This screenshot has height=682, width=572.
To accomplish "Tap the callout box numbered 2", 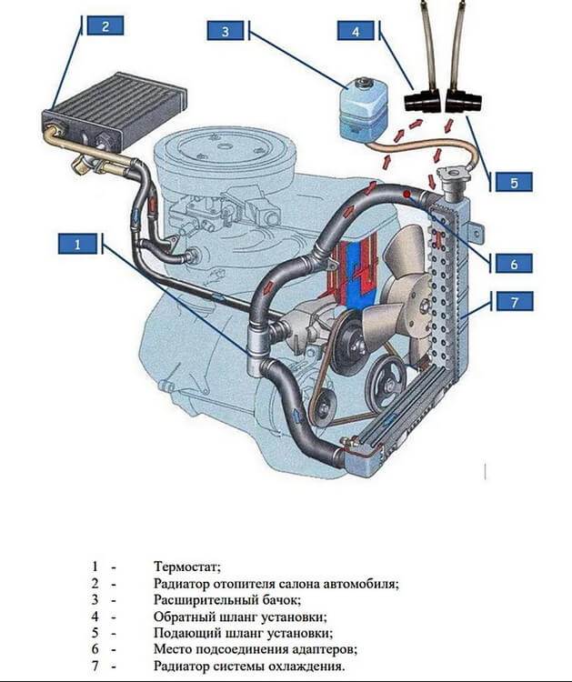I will (x=105, y=25).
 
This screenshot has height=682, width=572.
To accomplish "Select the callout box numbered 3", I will (x=225, y=32).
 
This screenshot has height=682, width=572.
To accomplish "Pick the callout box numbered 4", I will (x=356, y=32).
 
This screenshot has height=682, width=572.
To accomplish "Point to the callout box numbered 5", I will (x=514, y=182).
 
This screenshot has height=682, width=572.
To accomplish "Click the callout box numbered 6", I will (x=514, y=264).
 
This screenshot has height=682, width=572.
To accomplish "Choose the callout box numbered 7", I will (x=514, y=301).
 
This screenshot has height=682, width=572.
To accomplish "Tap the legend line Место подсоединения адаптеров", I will (x=256, y=649).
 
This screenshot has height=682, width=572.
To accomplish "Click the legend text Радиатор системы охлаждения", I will (x=249, y=666).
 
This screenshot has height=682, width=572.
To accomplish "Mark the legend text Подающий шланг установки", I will (x=243, y=633).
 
